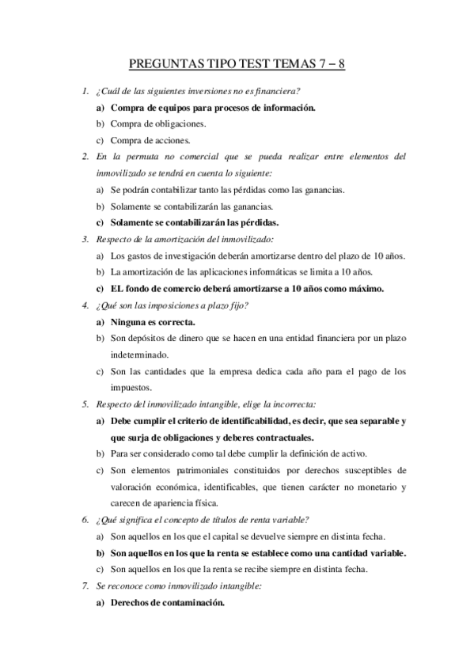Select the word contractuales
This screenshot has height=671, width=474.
(x=279, y=438)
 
